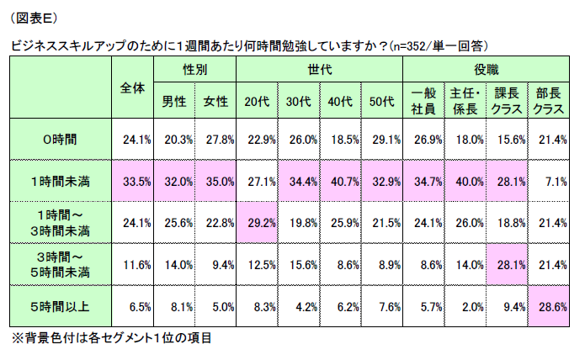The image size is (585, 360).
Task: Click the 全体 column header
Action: [x=130, y=87]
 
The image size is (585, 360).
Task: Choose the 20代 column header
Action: [x=256, y=102]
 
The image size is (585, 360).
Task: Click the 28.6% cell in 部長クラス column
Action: [x=552, y=307]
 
